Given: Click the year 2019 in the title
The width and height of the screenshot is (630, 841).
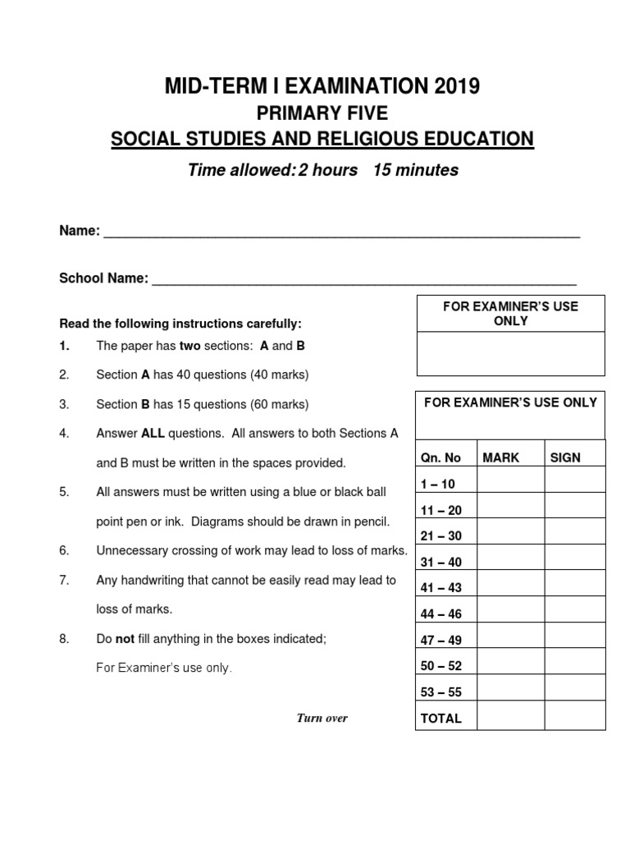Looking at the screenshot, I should (450, 85).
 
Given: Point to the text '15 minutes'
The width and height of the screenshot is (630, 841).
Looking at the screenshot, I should (416, 170).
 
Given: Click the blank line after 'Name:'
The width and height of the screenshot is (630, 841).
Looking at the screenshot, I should (340, 232).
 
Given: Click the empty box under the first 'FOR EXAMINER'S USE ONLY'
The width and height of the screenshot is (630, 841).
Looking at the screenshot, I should (510, 354).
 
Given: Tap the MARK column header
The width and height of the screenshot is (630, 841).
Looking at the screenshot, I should (500, 457).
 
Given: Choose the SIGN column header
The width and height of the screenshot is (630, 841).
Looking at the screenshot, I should (565, 457).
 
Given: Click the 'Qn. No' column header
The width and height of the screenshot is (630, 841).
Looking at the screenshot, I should (441, 457).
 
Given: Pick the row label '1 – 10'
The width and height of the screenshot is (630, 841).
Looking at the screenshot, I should (438, 484).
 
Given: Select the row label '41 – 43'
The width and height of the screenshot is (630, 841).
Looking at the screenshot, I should (441, 588).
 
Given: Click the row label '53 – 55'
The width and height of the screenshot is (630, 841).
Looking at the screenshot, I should (441, 692).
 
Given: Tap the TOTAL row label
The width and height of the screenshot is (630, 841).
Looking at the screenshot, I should (441, 718).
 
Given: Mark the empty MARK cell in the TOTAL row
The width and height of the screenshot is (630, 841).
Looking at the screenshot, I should (509, 717).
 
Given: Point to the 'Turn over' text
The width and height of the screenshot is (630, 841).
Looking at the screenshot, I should (322, 718).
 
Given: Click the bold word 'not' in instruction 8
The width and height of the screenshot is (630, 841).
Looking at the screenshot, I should (124, 638).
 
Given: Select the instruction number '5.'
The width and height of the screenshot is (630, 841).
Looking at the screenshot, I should (64, 492).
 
